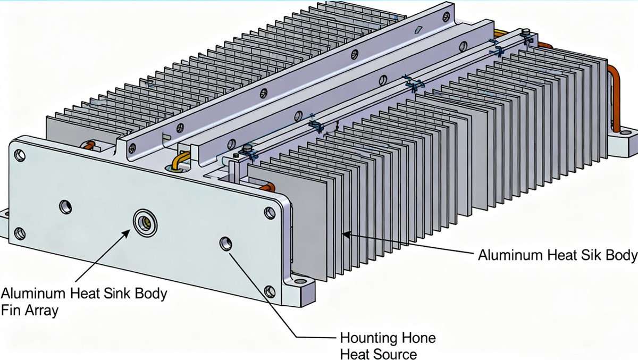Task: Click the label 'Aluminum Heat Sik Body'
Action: pos(557,255)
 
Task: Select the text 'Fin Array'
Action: pos(30,311)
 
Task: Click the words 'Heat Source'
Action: pos(378,354)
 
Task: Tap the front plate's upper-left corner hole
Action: pos(20,155)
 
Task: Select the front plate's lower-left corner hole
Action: pos(19,232)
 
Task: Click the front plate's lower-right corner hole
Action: pos(270,291)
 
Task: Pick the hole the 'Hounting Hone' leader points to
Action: pos(226,244)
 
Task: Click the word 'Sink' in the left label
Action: pos(112,293)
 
